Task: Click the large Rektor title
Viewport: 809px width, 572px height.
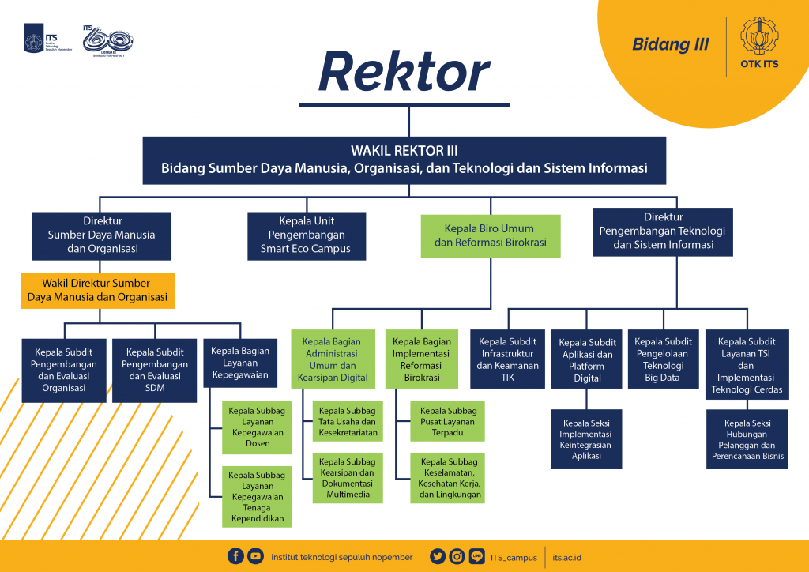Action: click(404, 73)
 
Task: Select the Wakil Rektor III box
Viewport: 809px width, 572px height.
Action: click(404, 160)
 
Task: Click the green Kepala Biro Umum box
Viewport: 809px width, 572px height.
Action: click(490, 235)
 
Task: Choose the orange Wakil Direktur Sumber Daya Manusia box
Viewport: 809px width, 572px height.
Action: click(97, 290)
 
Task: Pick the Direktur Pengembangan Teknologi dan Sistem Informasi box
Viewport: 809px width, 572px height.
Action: click(662, 231)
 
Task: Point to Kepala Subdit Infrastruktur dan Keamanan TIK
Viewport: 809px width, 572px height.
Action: click(507, 359)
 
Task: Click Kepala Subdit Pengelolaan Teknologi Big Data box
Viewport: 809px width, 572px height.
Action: click(664, 359)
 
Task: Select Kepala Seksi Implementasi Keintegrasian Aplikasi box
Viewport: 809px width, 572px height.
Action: click(585, 438)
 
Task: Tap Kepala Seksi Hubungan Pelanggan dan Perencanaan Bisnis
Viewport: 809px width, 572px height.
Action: click(747, 438)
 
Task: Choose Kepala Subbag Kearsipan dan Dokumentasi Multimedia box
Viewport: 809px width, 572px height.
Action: click(348, 477)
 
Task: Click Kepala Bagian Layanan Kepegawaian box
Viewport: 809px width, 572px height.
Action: click(240, 363)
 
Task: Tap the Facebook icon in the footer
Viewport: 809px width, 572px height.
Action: click(235, 556)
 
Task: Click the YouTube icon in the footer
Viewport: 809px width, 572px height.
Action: click(255, 556)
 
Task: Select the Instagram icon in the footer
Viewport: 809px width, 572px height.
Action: click(457, 556)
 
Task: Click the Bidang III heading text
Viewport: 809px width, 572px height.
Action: click(670, 45)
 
